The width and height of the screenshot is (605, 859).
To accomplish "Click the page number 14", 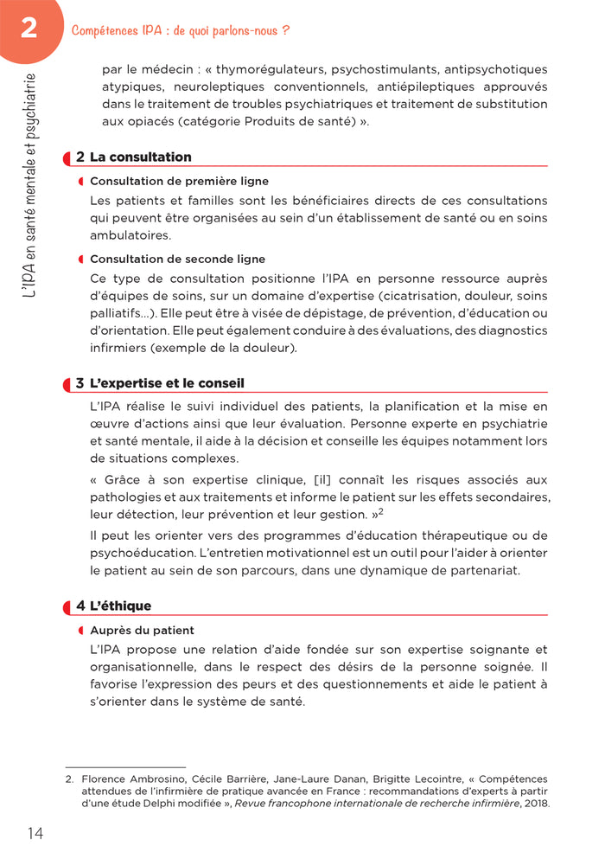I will coord(35,833).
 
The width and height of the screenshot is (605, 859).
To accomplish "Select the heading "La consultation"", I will coord(140,157).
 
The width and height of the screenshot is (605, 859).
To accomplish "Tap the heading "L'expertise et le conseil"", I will coord(167,383).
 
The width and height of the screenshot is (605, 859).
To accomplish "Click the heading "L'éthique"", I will coord(120,606).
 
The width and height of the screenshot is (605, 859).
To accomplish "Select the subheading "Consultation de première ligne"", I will coord(179,182).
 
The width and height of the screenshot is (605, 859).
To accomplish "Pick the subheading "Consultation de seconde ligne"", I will coord(177,259).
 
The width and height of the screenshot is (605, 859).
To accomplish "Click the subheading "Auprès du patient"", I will coord(142,631).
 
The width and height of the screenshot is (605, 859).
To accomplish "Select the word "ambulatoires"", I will coord(131,235).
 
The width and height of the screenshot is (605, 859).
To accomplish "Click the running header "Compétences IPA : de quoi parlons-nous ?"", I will coord(180,30).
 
